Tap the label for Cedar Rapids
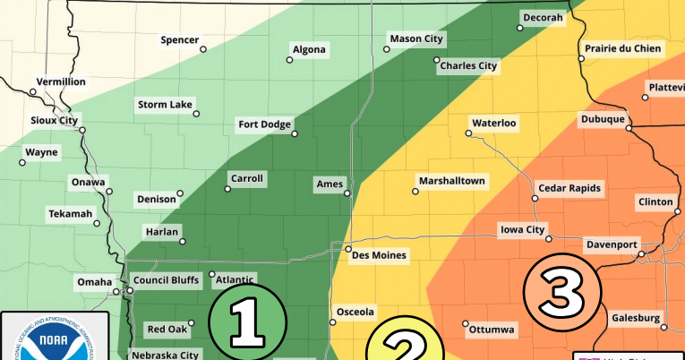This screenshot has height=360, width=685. (x=569, y=188)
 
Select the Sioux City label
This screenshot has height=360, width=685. (x=55, y=120)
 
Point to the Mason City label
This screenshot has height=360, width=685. (x=415, y=39)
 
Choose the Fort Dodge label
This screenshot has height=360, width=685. (x=264, y=124)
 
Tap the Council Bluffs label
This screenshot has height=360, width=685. (x=166, y=280)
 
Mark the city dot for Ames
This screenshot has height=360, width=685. (x=347, y=193)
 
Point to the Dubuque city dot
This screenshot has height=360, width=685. (x=629, y=129)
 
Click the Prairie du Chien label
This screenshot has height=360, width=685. (x=623, y=49)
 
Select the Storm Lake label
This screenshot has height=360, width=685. (x=165, y=106)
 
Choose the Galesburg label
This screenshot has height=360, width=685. (x=637, y=318)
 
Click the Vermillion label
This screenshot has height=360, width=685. (x=61, y=81)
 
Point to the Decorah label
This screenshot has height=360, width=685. (x=544, y=18)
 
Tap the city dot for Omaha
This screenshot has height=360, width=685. (x=116, y=292)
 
